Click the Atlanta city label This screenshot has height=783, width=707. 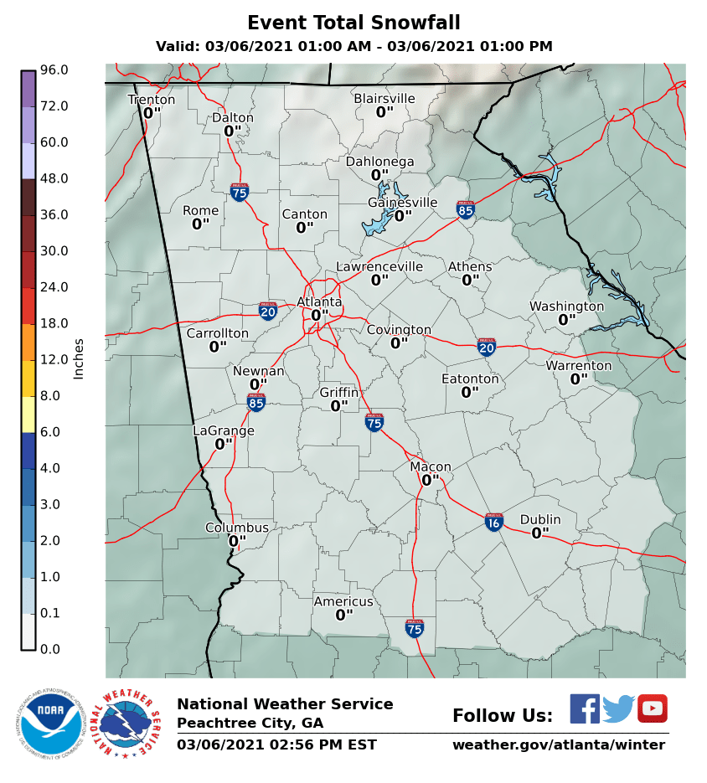(x=319, y=301)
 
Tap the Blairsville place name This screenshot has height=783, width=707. (x=384, y=99)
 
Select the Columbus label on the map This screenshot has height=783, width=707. (x=237, y=528)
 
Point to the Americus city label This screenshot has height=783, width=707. (x=343, y=601)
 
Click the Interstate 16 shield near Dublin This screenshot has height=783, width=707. (x=494, y=523)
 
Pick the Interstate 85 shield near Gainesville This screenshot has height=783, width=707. (x=466, y=209)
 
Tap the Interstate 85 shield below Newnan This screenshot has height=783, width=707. (x=256, y=404)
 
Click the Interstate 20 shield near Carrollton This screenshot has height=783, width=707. (x=268, y=312)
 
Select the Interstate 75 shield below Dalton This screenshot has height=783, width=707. (x=240, y=193)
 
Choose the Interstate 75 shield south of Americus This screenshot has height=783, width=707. (x=415, y=628)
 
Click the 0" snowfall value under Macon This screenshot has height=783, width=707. (x=430, y=481)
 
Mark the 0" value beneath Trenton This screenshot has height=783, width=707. (x=152, y=113)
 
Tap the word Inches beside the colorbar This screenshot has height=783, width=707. (x=79, y=359)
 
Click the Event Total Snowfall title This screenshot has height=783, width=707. (x=353, y=23)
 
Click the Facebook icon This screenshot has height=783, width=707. (x=585, y=708)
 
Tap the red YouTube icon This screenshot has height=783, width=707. (x=652, y=708)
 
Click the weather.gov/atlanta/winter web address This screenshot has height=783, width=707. (x=559, y=744)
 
